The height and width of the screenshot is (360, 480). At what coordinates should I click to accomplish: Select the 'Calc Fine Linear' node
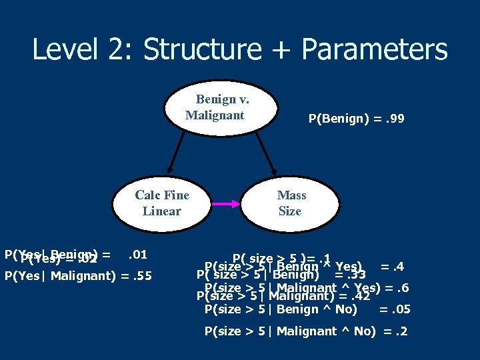[162, 203]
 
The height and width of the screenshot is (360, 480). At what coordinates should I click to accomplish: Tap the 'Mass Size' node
[291, 203]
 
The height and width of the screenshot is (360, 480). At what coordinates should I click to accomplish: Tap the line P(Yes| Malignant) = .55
[78, 276]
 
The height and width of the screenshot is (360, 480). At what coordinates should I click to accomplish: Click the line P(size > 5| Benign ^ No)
[281, 309]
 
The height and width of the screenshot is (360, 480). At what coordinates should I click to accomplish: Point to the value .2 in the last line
[402, 331]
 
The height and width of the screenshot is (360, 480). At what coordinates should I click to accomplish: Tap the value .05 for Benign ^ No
[402, 309]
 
